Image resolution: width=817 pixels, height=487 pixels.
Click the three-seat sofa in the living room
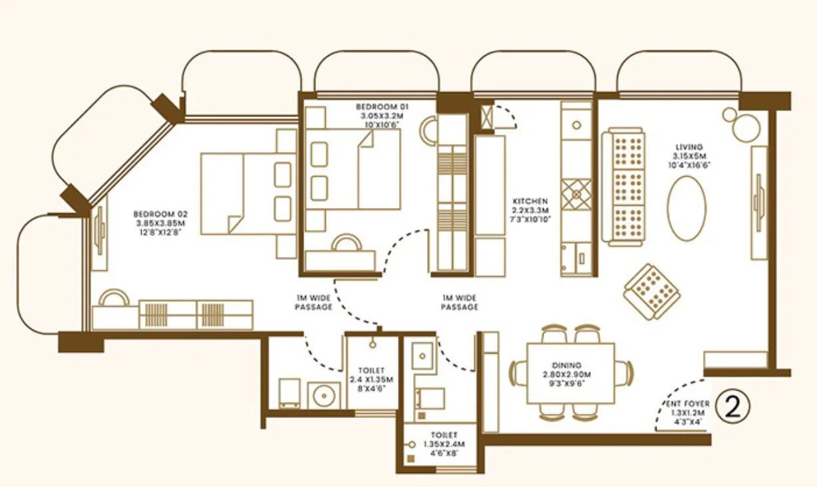pyautogui.click(x=623, y=187)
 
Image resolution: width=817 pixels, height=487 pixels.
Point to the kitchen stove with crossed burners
pyautogui.click(x=575, y=195)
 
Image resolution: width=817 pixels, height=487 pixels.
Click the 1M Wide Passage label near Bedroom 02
pyautogui.click(x=313, y=302)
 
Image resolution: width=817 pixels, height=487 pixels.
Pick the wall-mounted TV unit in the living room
pyautogui.click(x=758, y=202)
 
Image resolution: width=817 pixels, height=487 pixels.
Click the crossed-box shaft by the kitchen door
pyautogui.click(x=487, y=116)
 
